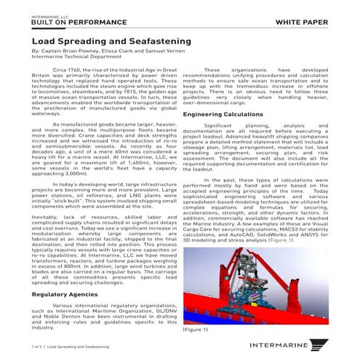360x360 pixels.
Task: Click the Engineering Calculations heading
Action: pyautogui.click(x=223, y=115)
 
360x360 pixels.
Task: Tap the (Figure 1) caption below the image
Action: pyautogui.click(x=196, y=329)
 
